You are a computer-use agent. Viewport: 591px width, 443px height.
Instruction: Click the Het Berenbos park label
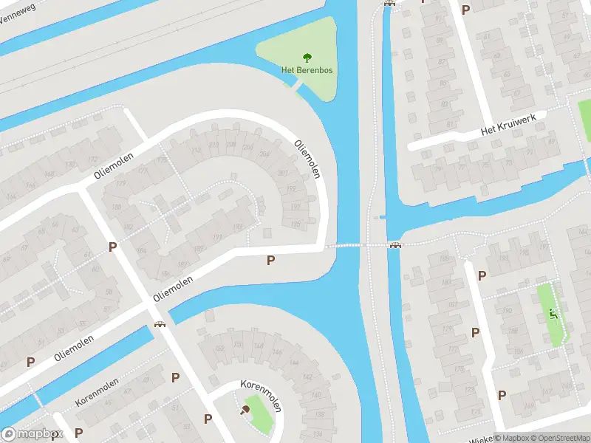[307, 70]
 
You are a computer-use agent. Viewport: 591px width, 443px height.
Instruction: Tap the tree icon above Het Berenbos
[307, 57]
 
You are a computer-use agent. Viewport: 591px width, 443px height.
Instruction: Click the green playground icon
[553, 314]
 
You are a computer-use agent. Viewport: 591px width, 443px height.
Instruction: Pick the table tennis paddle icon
[245, 411]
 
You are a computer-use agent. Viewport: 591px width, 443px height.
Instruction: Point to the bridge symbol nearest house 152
[158, 325]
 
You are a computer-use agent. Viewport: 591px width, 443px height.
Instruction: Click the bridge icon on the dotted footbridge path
[396, 245]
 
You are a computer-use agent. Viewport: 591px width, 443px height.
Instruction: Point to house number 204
[264, 154]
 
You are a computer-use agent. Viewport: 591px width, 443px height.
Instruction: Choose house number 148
[258, 346]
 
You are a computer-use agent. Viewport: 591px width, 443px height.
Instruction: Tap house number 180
[116, 207]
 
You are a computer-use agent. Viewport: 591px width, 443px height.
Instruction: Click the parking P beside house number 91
[465, 10]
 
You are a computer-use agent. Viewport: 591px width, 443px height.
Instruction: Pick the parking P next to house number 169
[502, 395]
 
